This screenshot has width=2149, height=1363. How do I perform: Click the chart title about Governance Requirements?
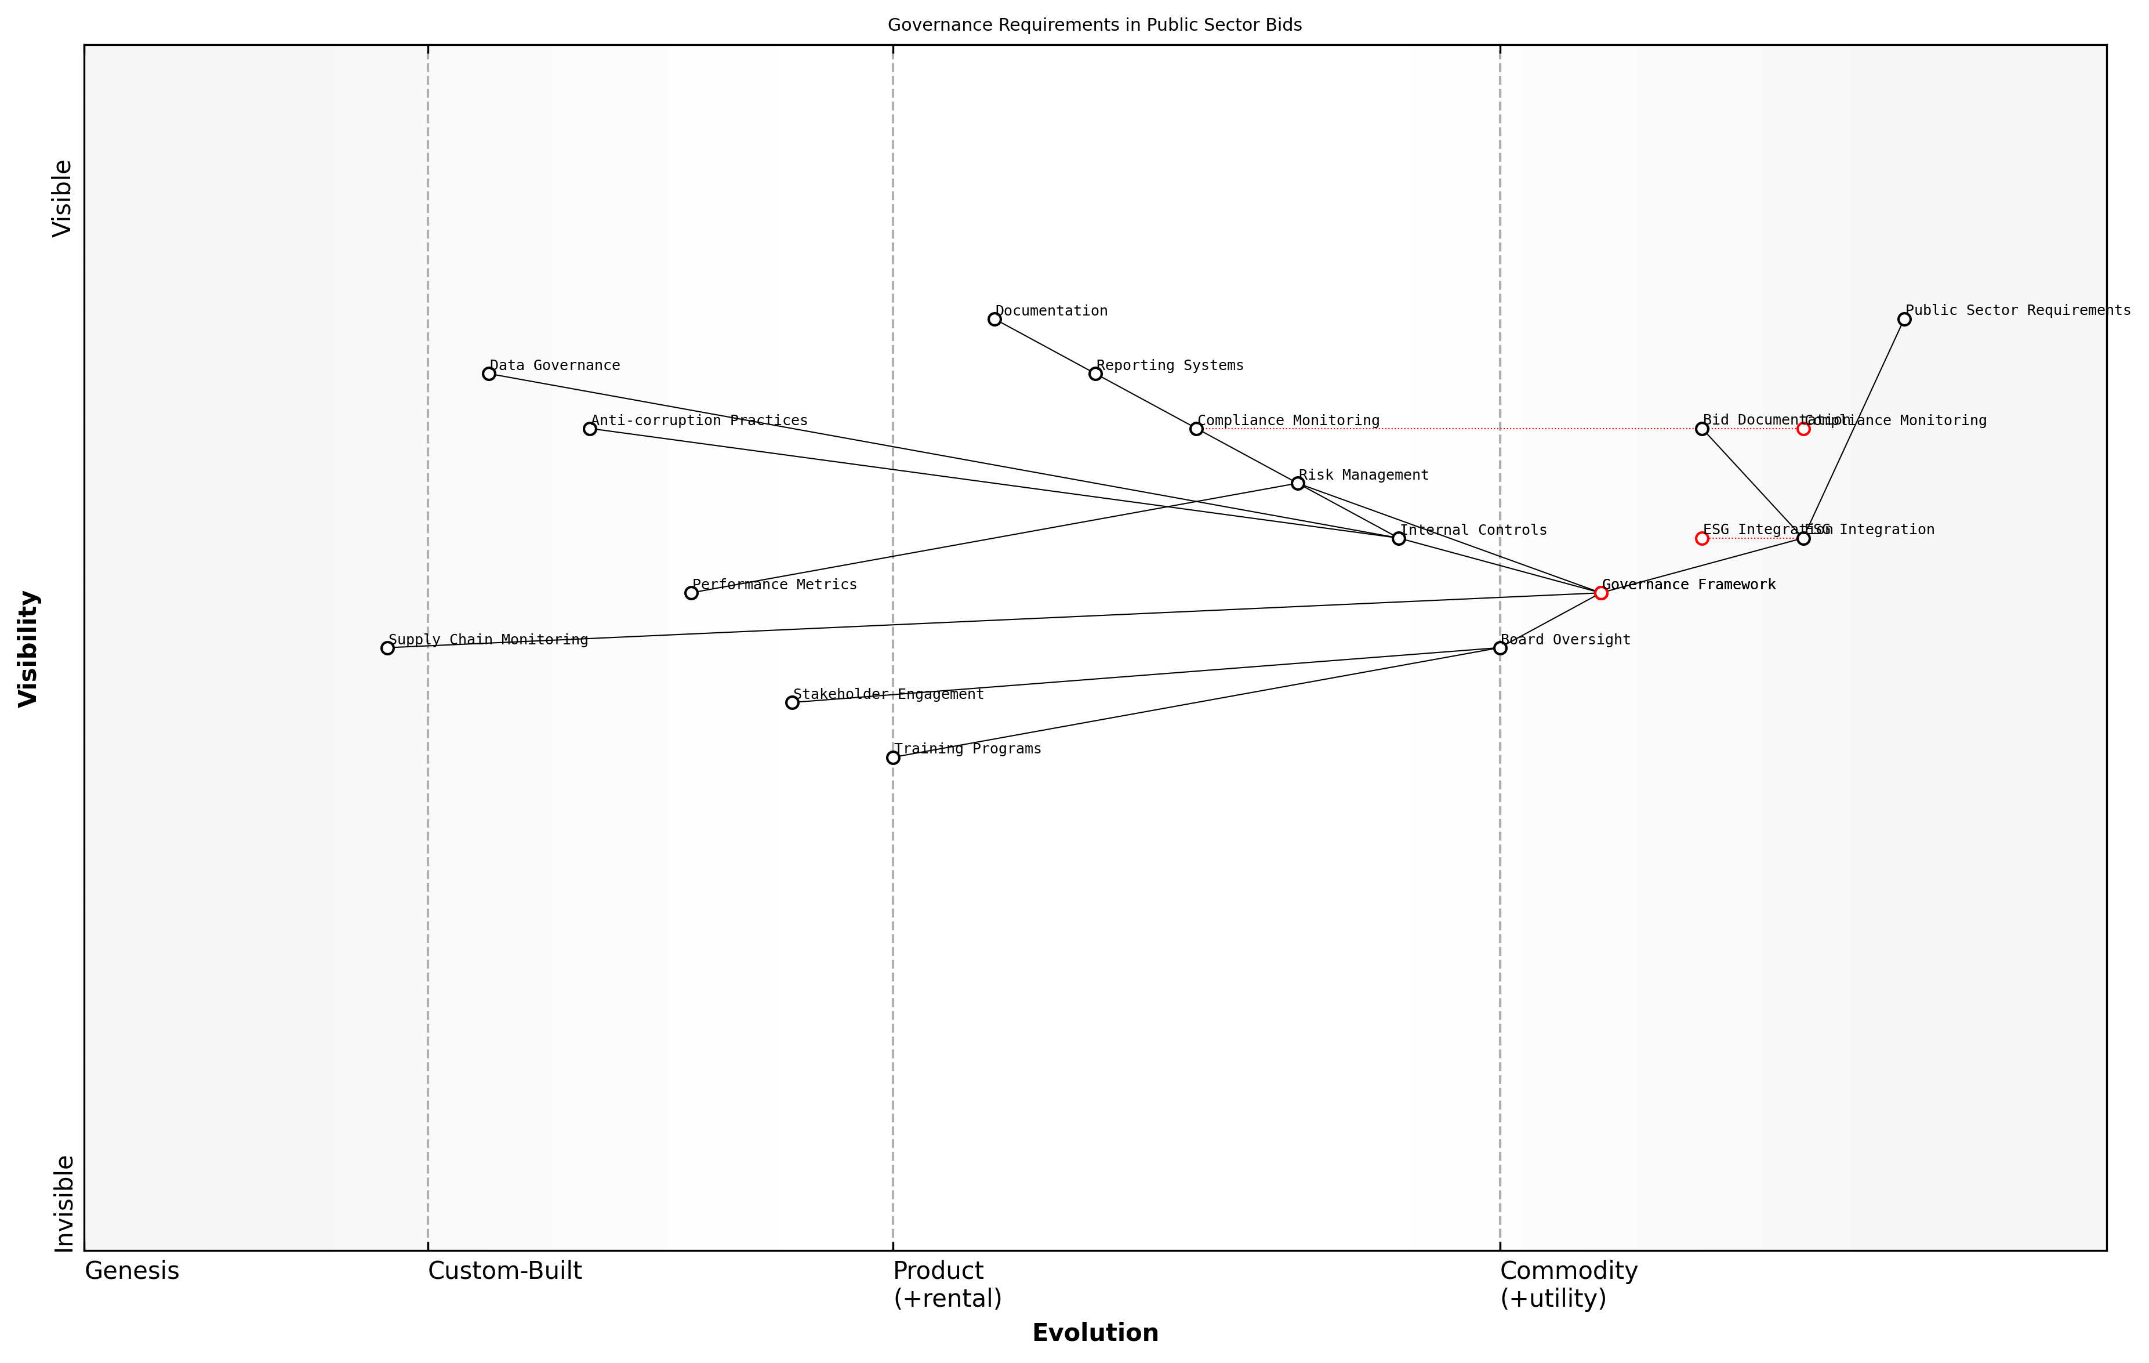(1094, 25)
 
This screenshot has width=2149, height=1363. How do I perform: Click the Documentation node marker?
(994, 318)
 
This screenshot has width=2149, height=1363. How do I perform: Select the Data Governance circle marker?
(489, 373)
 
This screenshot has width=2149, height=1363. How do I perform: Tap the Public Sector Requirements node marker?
(1904, 318)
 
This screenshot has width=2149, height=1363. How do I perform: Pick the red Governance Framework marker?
(1601, 593)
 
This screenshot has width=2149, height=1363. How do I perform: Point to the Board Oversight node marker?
(1500, 648)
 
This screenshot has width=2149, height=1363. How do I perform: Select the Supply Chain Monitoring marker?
(387, 648)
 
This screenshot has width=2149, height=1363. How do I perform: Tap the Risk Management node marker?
(1298, 483)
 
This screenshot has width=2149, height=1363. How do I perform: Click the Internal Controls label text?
(1473, 530)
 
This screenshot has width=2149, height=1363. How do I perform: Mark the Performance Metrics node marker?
(691, 593)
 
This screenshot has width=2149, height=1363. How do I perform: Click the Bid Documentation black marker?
(1702, 429)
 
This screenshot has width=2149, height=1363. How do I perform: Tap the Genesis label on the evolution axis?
(132, 1271)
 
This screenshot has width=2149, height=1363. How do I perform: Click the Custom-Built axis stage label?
(505, 1271)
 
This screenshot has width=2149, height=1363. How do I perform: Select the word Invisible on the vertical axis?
(63, 1203)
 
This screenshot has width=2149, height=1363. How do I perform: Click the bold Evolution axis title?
(1095, 1333)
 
